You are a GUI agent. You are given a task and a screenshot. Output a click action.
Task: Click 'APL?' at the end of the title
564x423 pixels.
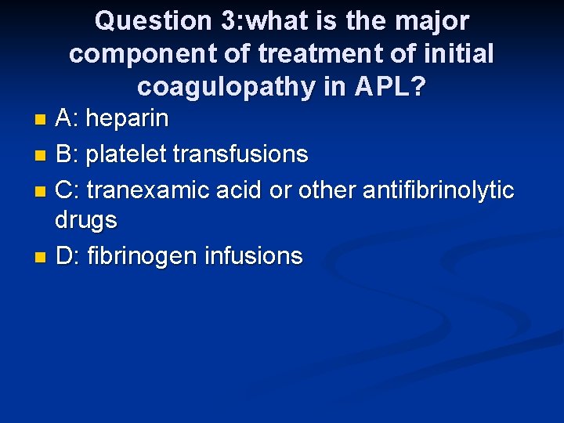coord(390,87)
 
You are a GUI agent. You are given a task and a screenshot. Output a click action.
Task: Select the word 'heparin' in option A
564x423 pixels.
coord(127,119)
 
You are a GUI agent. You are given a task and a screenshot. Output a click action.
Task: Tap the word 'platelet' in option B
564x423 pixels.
coord(126,154)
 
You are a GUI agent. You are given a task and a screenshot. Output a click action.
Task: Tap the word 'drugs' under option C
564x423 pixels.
coord(86,221)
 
